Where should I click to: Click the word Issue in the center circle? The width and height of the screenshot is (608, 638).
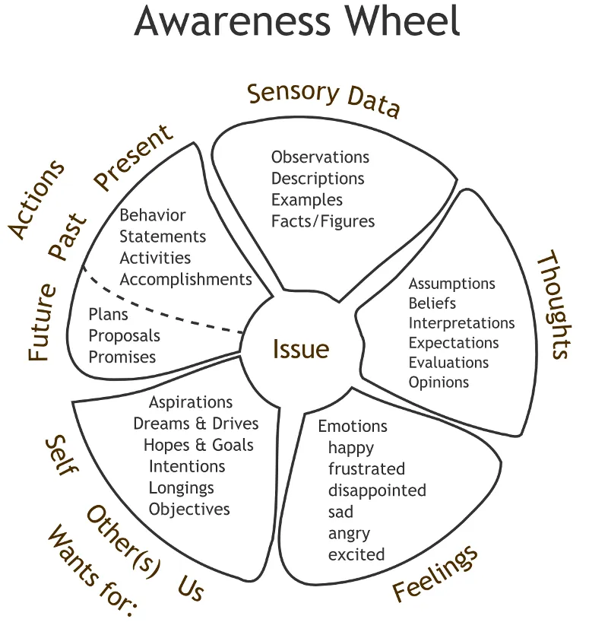(x=301, y=349)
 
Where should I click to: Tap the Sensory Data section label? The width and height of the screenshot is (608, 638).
(x=324, y=100)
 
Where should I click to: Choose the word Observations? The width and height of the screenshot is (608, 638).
(x=320, y=157)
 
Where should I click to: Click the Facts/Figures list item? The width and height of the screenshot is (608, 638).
(x=323, y=221)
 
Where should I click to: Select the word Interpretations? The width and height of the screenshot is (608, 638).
(x=461, y=323)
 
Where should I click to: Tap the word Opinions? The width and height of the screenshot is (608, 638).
(x=439, y=382)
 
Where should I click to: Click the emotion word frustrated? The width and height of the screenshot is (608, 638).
(x=366, y=469)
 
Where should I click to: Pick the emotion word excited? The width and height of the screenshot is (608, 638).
(x=356, y=554)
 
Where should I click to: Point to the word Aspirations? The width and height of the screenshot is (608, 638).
(x=191, y=402)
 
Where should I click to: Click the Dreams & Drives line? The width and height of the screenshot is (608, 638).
(x=196, y=424)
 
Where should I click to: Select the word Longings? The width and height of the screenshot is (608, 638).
(x=182, y=487)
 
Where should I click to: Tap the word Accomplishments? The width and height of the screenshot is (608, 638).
(x=185, y=279)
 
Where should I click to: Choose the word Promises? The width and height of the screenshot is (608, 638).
(x=122, y=357)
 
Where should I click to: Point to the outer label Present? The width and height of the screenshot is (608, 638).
(x=134, y=159)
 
